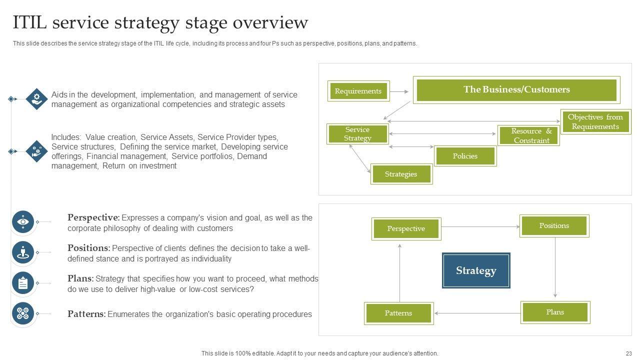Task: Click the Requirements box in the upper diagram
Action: [358, 91]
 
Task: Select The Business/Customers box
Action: [516, 90]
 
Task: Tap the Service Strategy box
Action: [357, 134]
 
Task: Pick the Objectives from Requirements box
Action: [595, 121]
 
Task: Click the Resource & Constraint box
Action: [528, 135]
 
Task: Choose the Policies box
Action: [465, 156]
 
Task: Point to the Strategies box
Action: [401, 174]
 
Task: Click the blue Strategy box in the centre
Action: [476, 270]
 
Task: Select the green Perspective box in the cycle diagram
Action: [406, 228]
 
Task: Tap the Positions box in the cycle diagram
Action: [554, 226]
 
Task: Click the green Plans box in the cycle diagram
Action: [555, 312]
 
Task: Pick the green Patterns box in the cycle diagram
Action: [398, 313]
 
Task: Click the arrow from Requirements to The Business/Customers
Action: [399, 91]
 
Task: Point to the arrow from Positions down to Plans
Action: [555, 267]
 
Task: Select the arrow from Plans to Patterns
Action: [477, 313]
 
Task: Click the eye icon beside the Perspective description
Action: [23, 221]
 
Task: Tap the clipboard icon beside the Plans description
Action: [23, 283]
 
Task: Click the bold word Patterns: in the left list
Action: [86, 314]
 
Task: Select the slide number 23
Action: [628, 353]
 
